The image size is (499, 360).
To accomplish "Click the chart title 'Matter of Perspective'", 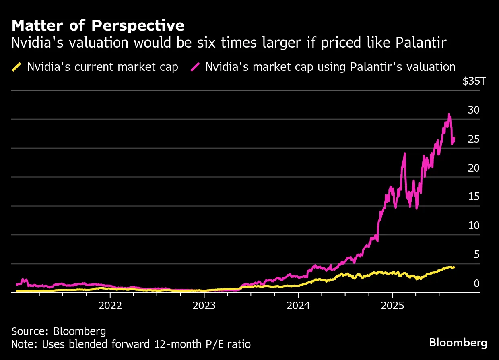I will coord(98,26).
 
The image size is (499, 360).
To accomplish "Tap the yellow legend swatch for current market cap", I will coord(17,67).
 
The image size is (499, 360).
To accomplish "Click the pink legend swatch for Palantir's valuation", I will coord(196,67).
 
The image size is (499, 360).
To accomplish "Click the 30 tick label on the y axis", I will coord(474,110).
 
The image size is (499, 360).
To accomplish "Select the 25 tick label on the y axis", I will coord(474,139).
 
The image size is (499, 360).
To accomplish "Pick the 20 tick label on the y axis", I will coord(474,168).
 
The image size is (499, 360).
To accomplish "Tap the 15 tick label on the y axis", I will coord(474,197).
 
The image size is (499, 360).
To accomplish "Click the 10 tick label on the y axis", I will coord(474,226).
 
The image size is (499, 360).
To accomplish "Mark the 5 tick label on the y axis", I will coord(476,254).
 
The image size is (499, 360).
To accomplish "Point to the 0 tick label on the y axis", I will coord(476,283).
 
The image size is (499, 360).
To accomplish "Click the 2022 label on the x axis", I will coord(110,305).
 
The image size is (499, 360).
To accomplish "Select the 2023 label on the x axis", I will coord(204,305).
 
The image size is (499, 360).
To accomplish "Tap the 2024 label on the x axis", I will coord(298,305).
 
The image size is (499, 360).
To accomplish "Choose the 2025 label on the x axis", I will coord(392,305).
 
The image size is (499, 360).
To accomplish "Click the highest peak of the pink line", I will coord(449,114).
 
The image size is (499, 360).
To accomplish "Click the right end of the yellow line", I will coord(454,267).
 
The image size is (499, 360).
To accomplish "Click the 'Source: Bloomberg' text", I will coord(59,331).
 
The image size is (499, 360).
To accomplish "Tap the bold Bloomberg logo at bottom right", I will coord(458,343).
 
